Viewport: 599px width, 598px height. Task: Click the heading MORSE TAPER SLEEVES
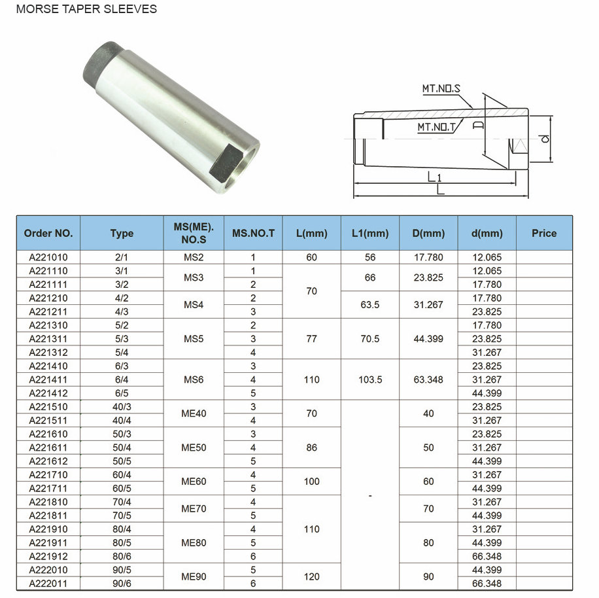click(x=86, y=9)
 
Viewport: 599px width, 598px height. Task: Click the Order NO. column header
click(x=48, y=233)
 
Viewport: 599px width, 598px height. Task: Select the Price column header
click(x=543, y=233)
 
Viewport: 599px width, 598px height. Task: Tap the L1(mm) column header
click(x=370, y=233)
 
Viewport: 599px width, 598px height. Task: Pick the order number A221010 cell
click(x=48, y=257)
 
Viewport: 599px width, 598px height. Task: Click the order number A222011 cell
click(x=48, y=583)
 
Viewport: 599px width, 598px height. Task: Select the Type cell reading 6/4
click(x=122, y=379)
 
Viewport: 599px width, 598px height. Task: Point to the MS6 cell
click(x=194, y=379)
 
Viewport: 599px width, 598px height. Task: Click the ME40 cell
click(x=194, y=413)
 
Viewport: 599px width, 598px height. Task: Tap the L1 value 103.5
click(x=370, y=379)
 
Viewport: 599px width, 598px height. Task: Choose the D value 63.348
click(x=428, y=379)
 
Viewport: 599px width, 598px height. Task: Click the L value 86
click(x=311, y=448)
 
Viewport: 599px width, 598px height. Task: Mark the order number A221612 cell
click(x=48, y=461)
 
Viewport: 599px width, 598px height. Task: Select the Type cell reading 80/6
click(x=122, y=556)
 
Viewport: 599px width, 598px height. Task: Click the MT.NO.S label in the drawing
click(x=441, y=88)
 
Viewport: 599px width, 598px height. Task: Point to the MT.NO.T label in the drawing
click(x=436, y=128)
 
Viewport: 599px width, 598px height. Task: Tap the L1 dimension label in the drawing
click(x=435, y=177)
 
